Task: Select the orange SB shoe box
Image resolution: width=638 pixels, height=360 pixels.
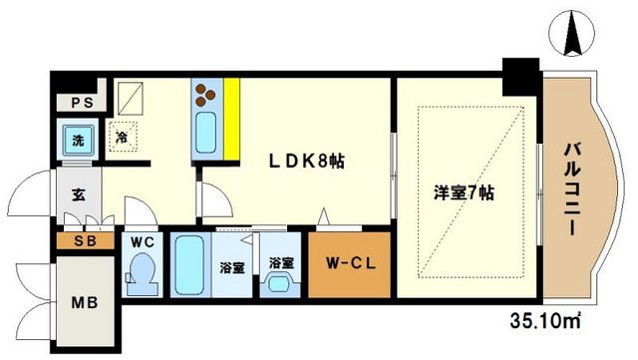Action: point(77,241)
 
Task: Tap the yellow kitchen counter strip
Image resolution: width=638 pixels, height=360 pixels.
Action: point(231,119)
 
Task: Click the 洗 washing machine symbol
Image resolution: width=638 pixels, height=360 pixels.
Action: point(76,138)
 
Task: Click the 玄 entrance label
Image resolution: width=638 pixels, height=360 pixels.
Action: point(77,192)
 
